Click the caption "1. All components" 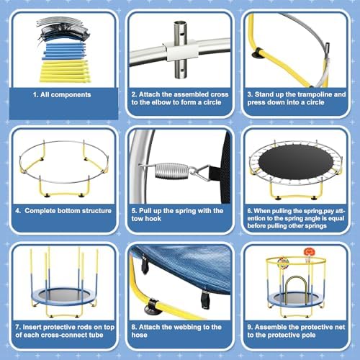(x=60, y=94)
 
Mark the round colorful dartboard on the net (x=283, y=261)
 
